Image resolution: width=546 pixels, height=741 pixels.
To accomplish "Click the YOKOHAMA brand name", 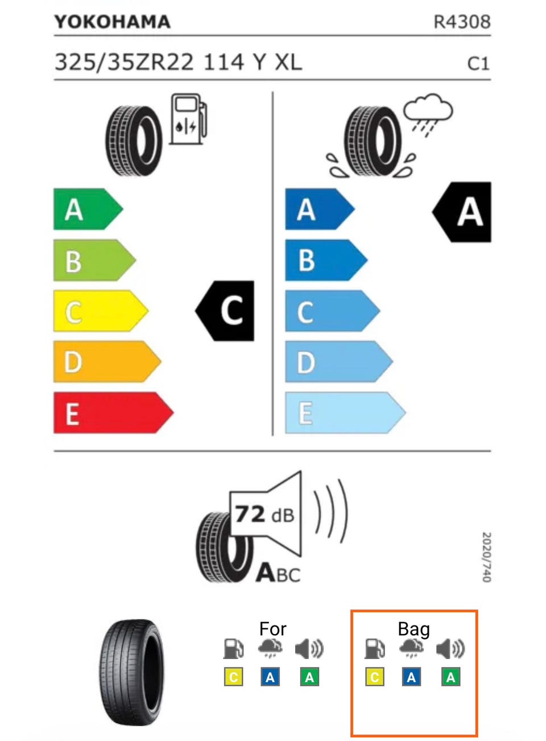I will tap(112, 22).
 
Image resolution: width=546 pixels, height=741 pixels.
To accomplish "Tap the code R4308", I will tap(461, 22).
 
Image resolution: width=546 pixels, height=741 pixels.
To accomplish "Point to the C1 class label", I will tap(478, 63).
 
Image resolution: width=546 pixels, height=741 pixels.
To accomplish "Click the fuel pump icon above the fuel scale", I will tap(188, 120).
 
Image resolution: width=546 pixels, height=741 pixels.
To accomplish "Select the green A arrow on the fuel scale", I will tap(85, 209).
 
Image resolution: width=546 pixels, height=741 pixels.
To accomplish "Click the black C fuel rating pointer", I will tap(227, 311).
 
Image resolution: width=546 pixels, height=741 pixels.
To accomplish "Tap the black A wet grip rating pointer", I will tap(464, 212).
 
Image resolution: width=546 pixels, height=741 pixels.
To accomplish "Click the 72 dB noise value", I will tap(264, 514).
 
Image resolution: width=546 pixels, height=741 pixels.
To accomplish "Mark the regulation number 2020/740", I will tap(486, 557).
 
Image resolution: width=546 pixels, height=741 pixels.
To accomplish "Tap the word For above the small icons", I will tap(272, 629).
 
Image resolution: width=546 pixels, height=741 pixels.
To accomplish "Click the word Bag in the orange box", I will tap(413, 629).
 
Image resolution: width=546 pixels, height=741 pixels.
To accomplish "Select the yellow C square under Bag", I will tap(374, 677).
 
